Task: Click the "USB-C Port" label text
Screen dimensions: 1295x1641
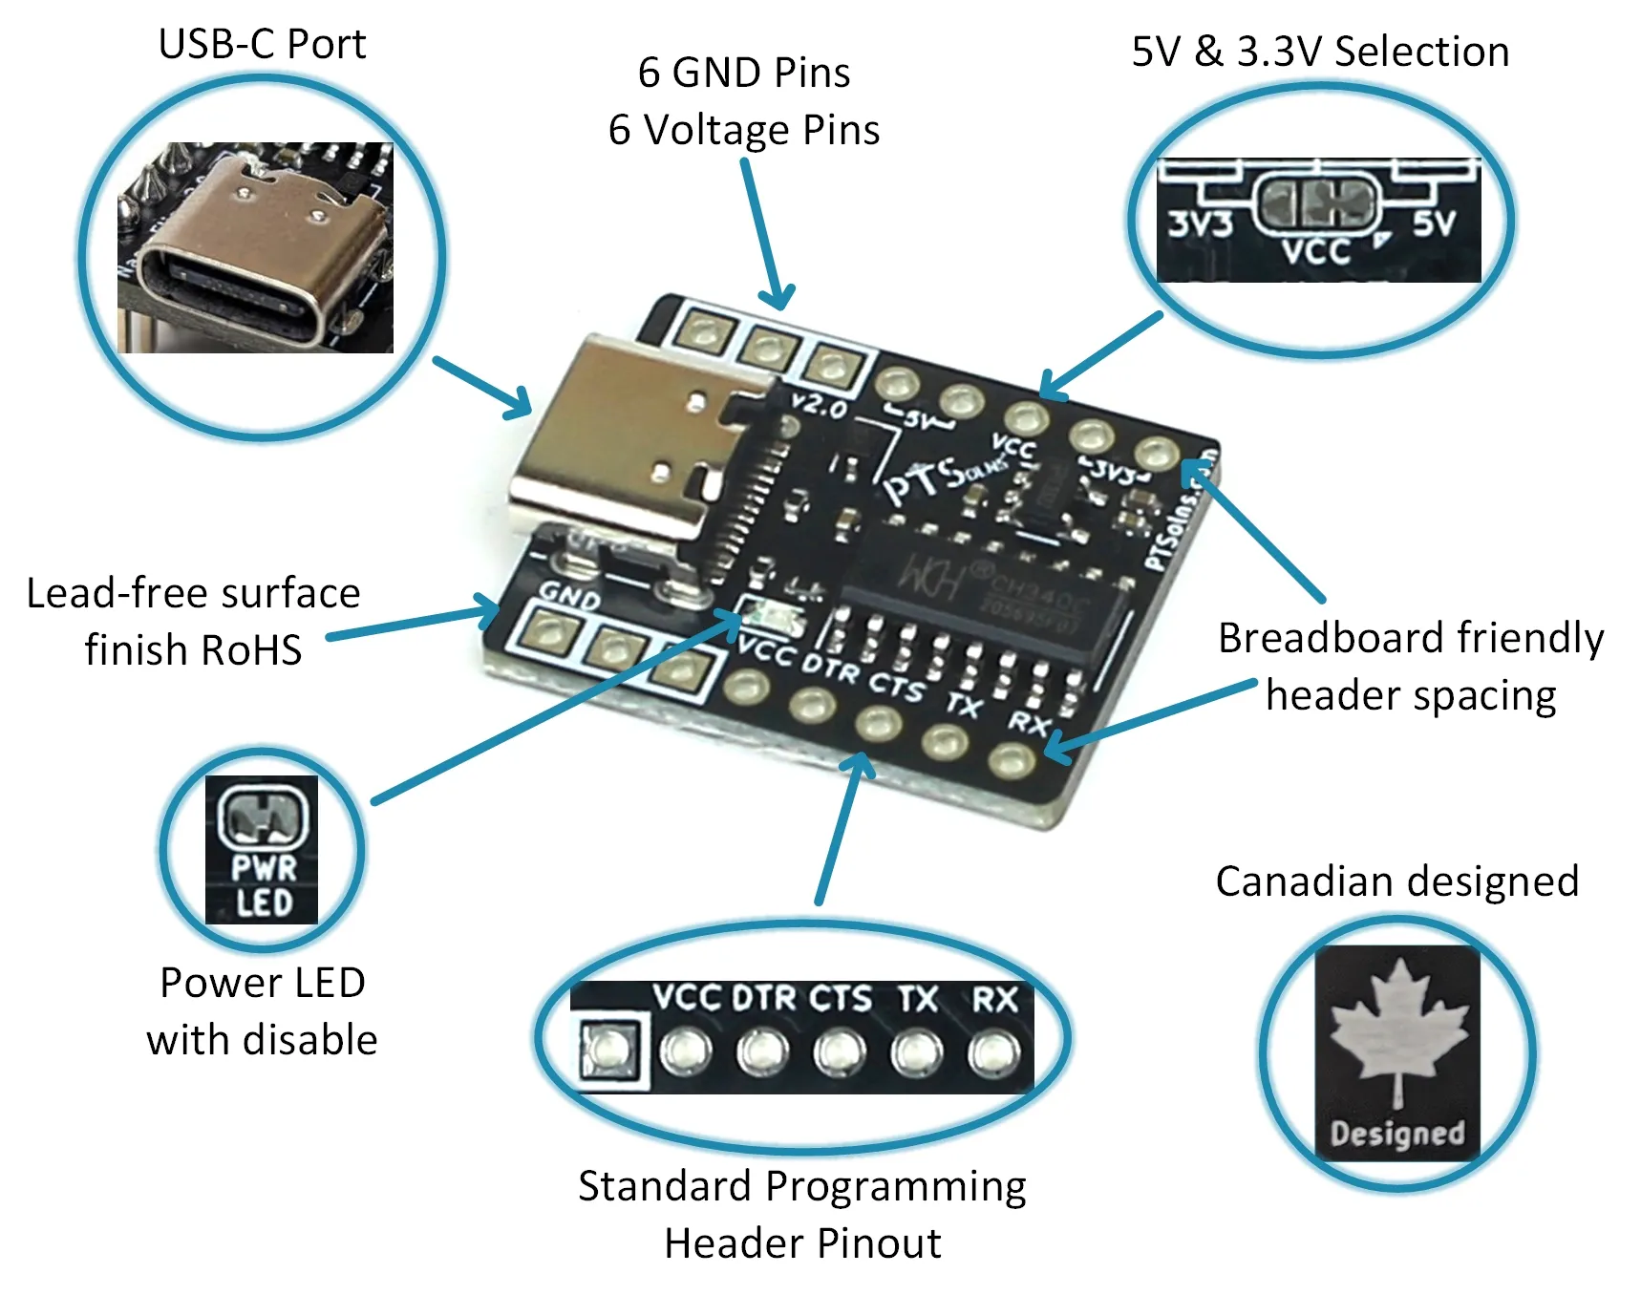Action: (262, 44)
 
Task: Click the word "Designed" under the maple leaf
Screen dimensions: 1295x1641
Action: (1396, 1133)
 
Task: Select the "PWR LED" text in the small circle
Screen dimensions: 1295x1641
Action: (263, 884)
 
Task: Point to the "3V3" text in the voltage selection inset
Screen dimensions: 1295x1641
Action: (1200, 224)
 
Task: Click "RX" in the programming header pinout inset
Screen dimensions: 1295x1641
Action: (994, 1000)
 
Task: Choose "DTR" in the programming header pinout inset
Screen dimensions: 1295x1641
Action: (763, 999)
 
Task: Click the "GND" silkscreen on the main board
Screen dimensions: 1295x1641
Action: (569, 596)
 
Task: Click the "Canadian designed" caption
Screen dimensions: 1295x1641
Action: (1396, 881)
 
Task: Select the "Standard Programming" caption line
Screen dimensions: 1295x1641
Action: (801, 1186)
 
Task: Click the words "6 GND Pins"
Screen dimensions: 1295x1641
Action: (743, 73)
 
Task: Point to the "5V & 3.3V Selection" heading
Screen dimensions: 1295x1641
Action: (1320, 52)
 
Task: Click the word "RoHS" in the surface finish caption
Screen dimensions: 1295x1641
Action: (250, 650)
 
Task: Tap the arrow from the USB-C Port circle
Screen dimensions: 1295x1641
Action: (483, 388)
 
